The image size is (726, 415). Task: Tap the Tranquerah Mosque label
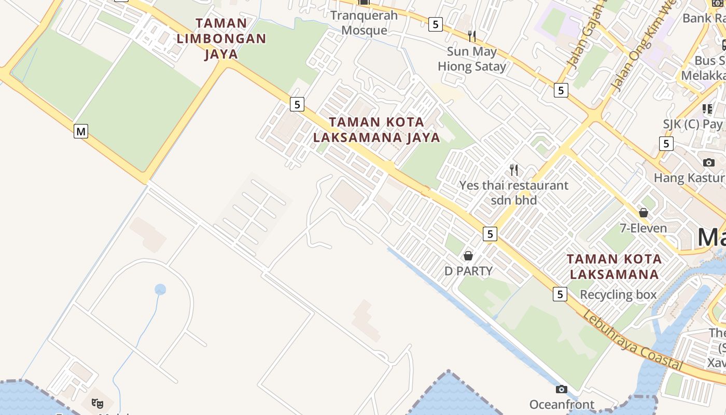(364, 23)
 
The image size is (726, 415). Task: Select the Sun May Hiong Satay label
(472, 59)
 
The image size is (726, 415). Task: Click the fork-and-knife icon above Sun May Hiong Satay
(472, 36)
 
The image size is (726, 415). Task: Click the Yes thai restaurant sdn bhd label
(514, 192)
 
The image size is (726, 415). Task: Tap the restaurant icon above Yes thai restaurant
(514, 170)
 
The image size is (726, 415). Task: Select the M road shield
(80, 131)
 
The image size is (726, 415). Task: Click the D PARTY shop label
(468, 271)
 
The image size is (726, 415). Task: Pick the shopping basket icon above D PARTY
(468, 256)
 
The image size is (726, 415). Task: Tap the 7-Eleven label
(644, 228)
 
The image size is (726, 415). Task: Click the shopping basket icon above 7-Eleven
(644, 213)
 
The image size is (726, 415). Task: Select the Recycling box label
(618, 295)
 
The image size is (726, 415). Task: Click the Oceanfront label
(562, 404)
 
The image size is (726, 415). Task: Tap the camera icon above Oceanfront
(562, 389)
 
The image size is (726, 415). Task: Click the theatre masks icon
(97, 403)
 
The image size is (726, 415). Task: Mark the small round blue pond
(160, 289)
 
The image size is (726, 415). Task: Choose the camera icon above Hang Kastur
(709, 162)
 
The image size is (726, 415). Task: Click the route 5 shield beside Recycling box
(560, 294)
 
